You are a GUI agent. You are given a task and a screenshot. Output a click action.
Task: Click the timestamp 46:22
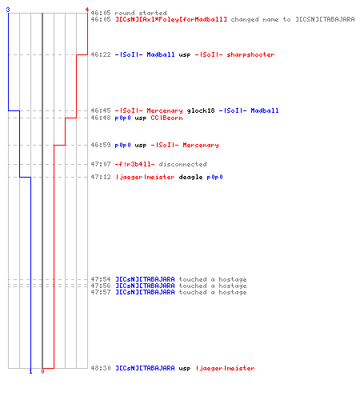[101, 54]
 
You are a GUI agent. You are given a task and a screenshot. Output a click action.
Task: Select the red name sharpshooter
[250, 54]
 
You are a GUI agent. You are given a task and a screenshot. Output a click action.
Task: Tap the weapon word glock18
[201, 110]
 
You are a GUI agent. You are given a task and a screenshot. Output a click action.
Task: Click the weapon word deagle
[190, 177]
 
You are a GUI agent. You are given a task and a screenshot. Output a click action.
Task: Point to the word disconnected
[182, 164]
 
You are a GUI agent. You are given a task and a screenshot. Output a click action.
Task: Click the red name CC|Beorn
[166, 118]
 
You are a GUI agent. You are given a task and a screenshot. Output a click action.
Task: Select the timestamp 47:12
[101, 177]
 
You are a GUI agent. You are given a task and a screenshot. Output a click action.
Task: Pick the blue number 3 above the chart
[8, 10]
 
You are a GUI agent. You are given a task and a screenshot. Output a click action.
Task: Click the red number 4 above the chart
[87, 10]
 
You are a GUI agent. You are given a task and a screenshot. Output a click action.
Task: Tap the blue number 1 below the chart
[30, 371]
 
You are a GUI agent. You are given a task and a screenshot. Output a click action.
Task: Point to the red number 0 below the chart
[42, 371]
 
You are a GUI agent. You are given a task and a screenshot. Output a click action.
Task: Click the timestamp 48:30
[101, 368]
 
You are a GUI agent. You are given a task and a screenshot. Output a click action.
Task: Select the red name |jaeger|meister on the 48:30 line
[225, 368]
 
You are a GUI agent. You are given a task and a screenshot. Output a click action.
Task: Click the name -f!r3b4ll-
[134, 164]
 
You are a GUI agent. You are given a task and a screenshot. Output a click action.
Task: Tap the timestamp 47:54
[101, 279]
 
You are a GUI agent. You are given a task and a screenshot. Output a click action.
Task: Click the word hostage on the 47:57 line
[233, 293]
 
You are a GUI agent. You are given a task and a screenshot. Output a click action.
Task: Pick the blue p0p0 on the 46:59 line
[122, 146]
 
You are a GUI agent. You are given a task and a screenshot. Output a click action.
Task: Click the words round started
[141, 13]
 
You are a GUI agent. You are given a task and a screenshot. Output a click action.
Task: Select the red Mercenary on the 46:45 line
[165, 110]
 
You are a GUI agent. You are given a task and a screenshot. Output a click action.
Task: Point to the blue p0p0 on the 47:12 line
[214, 177]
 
